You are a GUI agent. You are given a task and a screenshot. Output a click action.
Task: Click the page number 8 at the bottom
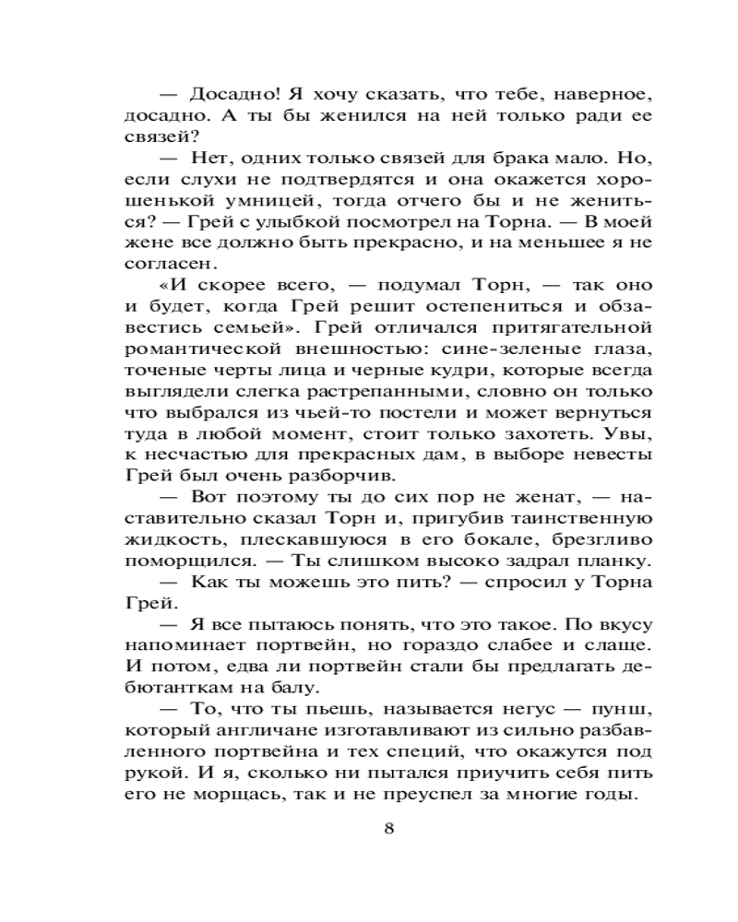coord(388,827)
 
